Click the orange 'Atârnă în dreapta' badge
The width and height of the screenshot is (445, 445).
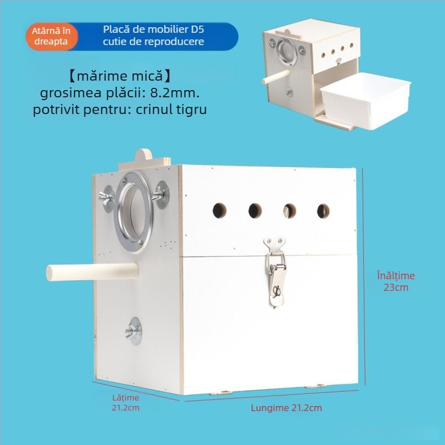[x=52, y=36]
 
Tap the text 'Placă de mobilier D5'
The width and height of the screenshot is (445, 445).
[x=154, y=29]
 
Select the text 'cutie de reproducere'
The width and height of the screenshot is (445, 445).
[x=154, y=42]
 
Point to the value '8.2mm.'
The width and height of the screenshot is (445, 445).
[x=175, y=93]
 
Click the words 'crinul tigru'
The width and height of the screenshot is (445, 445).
[x=171, y=110]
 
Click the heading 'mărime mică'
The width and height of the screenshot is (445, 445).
[x=120, y=76]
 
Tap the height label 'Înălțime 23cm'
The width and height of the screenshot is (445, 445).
[x=396, y=281]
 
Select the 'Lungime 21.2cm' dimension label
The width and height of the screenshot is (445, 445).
[x=286, y=408]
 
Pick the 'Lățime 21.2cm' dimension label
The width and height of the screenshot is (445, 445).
[x=126, y=403]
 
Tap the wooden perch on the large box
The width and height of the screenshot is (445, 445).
[x=92, y=272]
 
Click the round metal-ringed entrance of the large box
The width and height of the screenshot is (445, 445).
[x=133, y=212]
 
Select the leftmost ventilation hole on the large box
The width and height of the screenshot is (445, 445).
[x=219, y=211]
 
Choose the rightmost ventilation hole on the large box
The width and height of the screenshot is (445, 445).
[x=323, y=211]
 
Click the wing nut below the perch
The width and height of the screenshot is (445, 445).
[x=133, y=331]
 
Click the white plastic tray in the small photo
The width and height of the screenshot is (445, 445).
[x=365, y=101]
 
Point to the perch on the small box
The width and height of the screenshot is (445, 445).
[x=276, y=77]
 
